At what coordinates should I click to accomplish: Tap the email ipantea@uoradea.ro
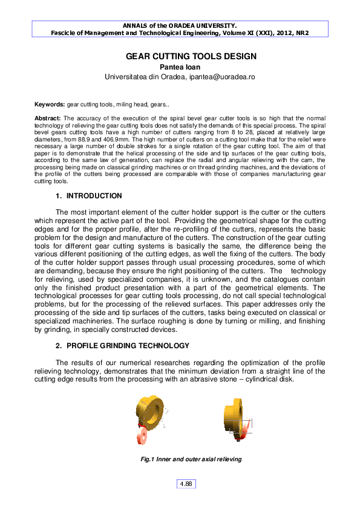pyautogui.click(x=221, y=77)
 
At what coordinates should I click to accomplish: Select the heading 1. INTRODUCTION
pyautogui.click(x=88, y=196)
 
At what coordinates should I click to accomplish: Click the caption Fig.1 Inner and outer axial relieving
pyautogui.click(x=191, y=459)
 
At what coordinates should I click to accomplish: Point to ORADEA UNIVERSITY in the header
pyautogui.click(x=203, y=26)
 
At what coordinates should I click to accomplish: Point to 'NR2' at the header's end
pyautogui.click(x=302, y=34)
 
